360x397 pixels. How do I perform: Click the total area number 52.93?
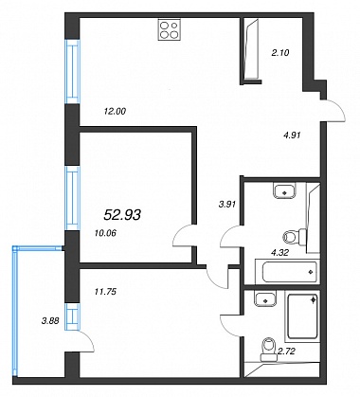122,215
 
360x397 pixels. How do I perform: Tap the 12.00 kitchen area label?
115,111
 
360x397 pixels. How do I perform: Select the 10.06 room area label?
105,233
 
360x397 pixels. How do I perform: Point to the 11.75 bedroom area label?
105,292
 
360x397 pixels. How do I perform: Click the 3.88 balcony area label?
50,321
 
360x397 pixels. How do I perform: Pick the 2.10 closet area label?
280,53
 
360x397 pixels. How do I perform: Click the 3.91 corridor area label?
227,205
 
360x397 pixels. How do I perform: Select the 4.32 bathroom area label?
280,252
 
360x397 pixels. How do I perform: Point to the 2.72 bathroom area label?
286,351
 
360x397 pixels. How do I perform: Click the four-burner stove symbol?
170,29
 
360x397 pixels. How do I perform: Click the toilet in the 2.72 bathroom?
268,350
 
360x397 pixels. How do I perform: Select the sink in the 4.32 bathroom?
284,190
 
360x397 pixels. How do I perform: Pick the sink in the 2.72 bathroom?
265,298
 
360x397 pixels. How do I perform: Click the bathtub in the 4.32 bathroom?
286,272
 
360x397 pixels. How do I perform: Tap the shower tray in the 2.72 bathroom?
301,316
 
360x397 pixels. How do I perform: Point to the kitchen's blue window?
72,71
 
